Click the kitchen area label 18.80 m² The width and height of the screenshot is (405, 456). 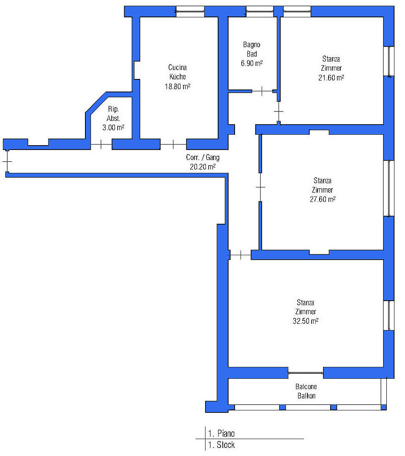click(177, 87)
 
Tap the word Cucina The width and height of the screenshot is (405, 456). click(177, 68)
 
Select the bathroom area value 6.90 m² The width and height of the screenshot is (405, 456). click(252, 63)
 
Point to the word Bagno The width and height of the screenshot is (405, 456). click(252, 44)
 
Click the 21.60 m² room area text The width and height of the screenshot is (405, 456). click(331, 78)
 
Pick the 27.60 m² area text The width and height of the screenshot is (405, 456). click(323, 199)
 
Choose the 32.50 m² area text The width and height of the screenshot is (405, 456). click(305, 321)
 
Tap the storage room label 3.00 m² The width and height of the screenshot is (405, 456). click(113, 128)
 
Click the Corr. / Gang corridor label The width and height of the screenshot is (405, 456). click(202, 157)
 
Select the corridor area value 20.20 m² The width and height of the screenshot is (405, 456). click(202, 167)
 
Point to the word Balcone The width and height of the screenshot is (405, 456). click(306, 386)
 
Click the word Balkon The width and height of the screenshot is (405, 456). click(306, 396)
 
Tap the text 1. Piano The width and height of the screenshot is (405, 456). click(221, 434)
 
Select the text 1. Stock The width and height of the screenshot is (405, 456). click(221, 445)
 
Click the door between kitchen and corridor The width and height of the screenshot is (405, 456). click(173, 144)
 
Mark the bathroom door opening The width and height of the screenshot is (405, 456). click(262, 91)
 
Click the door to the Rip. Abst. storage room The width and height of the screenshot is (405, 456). click(101, 144)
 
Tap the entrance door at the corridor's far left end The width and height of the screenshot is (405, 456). click(7, 161)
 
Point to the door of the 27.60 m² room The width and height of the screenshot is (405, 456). click(260, 187)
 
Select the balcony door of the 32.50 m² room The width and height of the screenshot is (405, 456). click(306, 372)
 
